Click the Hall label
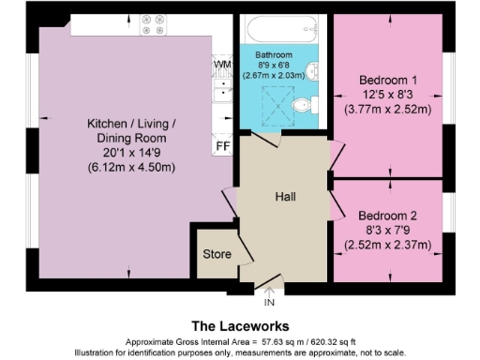tap(286, 198)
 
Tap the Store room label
tap(217, 254)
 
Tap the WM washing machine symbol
tap(222, 64)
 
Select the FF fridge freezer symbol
tap(222, 146)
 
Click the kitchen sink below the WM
tap(222, 90)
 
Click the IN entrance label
tap(269, 304)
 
